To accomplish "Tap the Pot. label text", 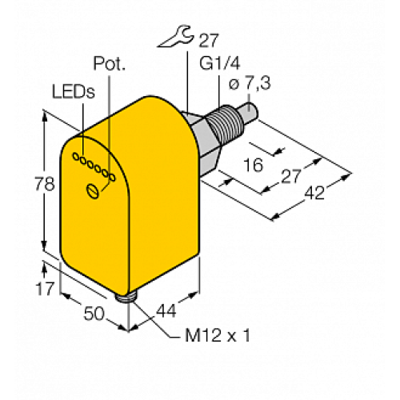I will (x=110, y=63).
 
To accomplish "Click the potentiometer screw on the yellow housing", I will (x=94, y=190).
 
